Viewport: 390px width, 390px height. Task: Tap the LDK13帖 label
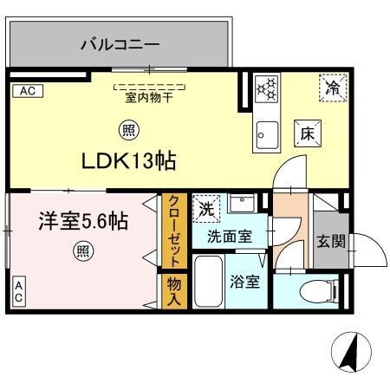pos(130,161)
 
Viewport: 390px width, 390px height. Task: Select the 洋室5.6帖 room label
pos(83,222)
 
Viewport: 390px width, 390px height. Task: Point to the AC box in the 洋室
pos(17,291)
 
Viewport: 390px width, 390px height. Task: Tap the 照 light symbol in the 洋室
pos(83,252)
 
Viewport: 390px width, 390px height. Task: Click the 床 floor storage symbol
pos(308,133)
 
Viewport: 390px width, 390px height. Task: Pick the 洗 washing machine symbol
pos(207,208)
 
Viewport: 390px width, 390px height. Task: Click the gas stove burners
pos(267,88)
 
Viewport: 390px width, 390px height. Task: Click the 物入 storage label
pos(172,291)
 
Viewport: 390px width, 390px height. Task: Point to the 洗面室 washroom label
pos(229,235)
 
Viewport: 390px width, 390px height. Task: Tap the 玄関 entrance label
pos(330,239)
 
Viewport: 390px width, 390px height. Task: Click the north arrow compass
pos(350,354)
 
